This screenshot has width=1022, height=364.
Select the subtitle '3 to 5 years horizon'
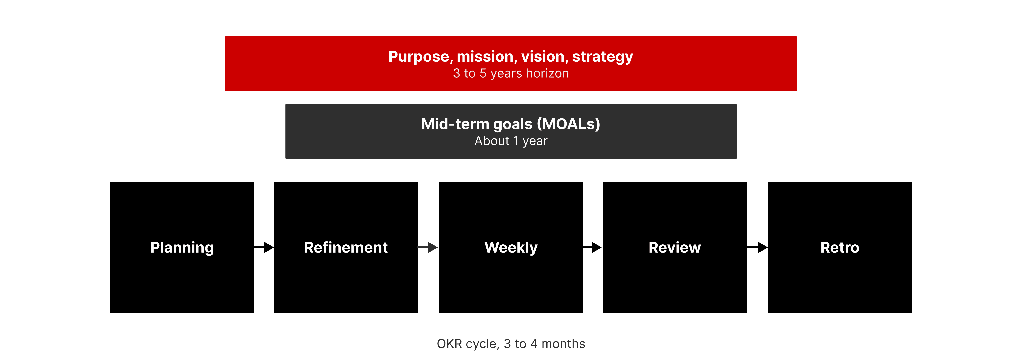(511, 73)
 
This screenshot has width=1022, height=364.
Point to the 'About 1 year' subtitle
(511, 141)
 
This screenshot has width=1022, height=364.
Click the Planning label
(182, 248)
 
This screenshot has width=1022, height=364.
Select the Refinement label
(346, 248)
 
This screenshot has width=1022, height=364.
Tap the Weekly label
(511, 248)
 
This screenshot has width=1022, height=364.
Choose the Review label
(675, 248)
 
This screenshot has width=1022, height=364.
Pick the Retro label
(840, 248)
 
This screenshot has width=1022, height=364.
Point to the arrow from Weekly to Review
(593, 248)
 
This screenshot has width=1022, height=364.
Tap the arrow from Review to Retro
(757, 248)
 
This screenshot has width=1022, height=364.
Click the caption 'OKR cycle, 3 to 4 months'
(511, 344)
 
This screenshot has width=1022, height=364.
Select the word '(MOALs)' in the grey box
(569, 124)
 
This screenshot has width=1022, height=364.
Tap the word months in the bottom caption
(563, 344)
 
